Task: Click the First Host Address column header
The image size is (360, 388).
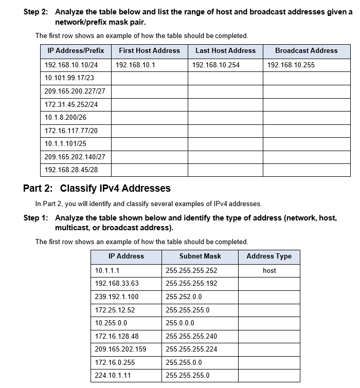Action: coord(149,51)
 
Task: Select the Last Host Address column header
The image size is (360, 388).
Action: coord(225,51)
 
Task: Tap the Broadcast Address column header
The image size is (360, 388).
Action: coord(306,51)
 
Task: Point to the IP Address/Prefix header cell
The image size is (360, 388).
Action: coord(76,51)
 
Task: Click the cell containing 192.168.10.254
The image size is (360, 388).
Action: coord(215,65)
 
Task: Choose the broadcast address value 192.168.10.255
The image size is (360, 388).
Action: coord(291,65)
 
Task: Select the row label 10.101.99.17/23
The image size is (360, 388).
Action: coord(69,78)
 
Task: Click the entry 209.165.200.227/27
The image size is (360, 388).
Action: coord(75,91)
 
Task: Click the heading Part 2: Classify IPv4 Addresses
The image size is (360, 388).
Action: coord(97,188)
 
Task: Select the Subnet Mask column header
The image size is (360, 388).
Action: coord(200,256)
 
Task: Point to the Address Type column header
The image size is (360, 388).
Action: coord(269,256)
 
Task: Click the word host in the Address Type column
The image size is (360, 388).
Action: coord(269,271)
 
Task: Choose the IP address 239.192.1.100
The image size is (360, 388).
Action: coord(117,297)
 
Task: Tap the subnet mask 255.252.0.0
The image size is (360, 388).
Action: coord(184,297)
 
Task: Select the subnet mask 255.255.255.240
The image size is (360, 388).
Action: coord(191,337)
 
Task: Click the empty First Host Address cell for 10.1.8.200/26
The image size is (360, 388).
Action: coord(149,117)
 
